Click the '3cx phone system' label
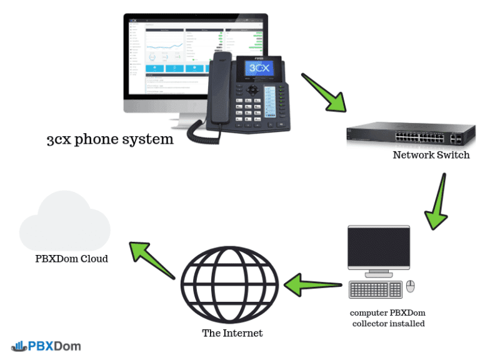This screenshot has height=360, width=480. pos(110,139)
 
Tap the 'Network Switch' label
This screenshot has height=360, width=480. pos(431,155)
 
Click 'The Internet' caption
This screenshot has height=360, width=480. pos(232,333)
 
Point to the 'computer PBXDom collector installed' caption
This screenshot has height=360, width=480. pos(388,318)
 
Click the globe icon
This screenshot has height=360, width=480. pos(232,284)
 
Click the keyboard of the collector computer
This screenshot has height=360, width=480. pos(376,289)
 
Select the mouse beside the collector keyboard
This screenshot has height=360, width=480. pos(411,286)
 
